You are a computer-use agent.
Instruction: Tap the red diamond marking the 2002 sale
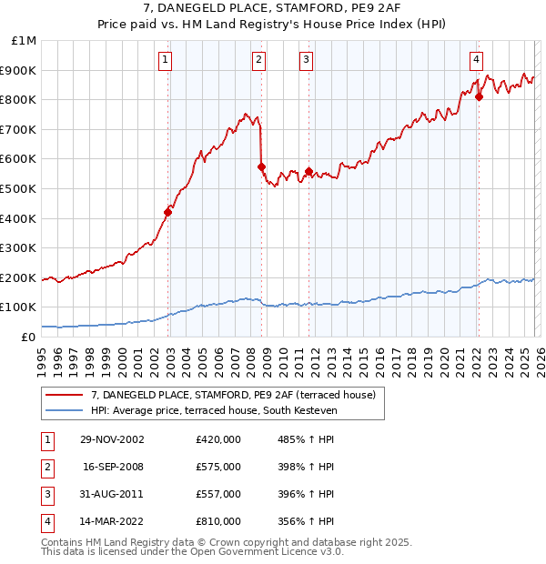pyautogui.click(x=168, y=212)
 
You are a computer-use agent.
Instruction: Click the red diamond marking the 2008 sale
pyautogui.click(x=261, y=166)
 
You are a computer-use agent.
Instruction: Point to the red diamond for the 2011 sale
pyautogui.click(x=308, y=171)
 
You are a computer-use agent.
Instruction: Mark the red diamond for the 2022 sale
pyautogui.click(x=479, y=96)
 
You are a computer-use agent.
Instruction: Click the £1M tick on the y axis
pyautogui.click(x=25, y=41)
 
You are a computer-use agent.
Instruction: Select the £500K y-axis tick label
pyautogui.click(x=19, y=188)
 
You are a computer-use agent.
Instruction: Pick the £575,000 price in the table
pyautogui.click(x=217, y=467)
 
